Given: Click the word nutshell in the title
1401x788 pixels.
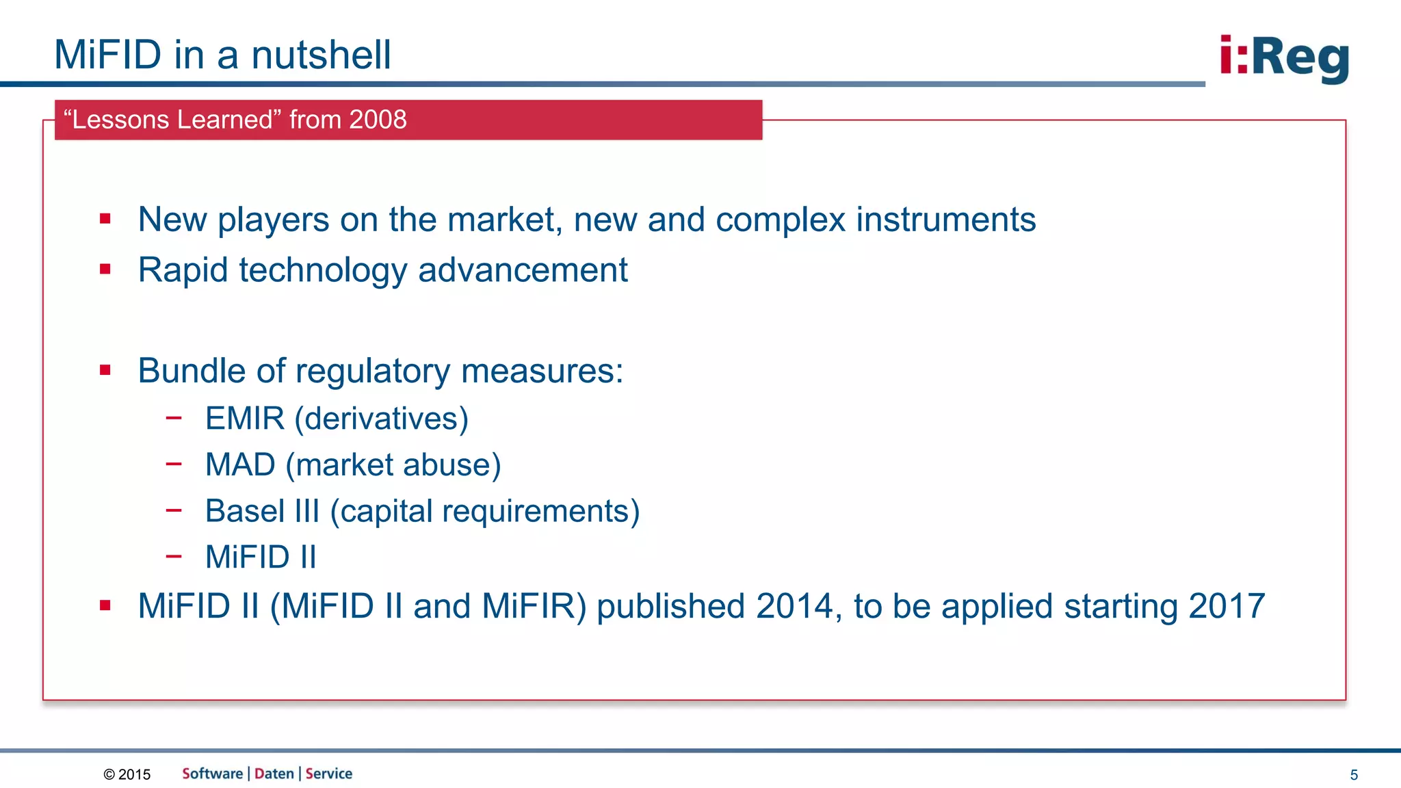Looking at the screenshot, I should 321,55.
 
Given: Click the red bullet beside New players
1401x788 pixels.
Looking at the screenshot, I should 105,219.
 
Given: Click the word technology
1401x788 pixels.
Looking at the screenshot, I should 323,270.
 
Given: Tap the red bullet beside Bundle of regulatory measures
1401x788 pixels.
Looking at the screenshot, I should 105,370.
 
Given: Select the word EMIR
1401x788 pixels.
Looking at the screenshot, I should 245,419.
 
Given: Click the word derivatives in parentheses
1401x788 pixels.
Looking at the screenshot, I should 382,419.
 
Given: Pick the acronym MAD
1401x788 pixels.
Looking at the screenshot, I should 240,465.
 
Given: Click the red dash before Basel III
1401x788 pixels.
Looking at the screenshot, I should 174,510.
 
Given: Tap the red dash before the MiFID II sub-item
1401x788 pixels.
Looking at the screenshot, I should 174,556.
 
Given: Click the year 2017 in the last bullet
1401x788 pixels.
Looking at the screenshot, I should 1226,606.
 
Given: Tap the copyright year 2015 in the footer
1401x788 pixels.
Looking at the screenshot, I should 134,774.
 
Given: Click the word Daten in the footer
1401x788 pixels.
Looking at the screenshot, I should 274,774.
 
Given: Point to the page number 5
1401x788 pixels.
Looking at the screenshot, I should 1353,775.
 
